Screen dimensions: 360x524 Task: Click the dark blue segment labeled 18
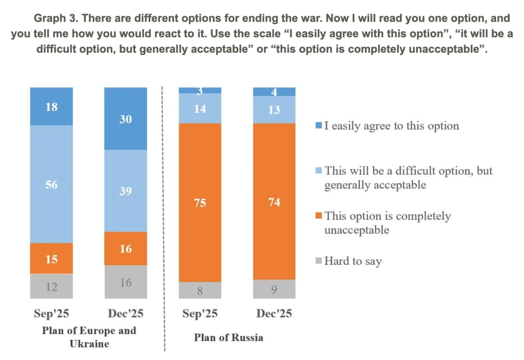52,106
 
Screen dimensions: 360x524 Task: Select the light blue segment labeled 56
52,184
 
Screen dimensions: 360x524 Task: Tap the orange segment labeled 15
52,259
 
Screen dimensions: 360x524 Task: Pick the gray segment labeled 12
52,287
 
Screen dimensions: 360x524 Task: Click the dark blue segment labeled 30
125,118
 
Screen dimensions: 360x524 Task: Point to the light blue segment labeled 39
125,191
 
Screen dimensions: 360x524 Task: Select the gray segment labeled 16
125,282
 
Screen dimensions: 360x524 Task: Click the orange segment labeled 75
200,203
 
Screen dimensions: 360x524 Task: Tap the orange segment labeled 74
274,202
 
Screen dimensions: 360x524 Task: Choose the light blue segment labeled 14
200,108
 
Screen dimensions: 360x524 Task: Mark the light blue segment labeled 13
274,110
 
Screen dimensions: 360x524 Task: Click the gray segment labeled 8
200,290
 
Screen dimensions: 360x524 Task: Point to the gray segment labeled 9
274,289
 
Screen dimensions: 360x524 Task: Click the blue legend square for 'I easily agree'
318,126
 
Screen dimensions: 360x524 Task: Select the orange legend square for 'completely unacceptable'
318,216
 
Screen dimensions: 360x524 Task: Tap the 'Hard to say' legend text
353,261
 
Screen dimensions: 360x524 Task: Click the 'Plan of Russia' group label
228,338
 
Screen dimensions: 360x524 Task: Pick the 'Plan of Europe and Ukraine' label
89,337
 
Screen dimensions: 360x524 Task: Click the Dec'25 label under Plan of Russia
274,314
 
